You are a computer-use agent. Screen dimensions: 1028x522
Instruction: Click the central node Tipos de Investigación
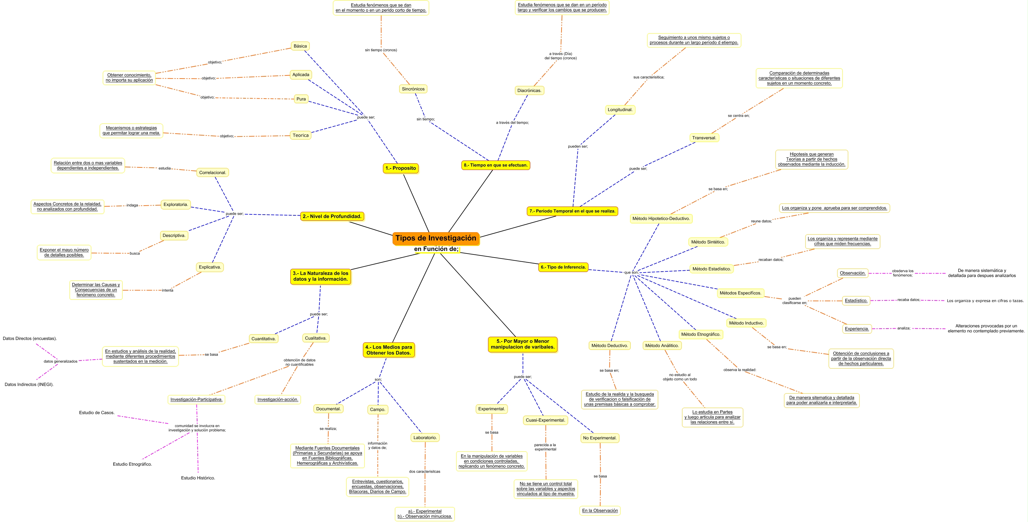pyautogui.click(x=436, y=238)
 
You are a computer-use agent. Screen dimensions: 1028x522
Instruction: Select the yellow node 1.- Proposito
pyautogui.click(x=401, y=168)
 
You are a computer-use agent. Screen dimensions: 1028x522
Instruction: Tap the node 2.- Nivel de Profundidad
pyautogui.click(x=332, y=216)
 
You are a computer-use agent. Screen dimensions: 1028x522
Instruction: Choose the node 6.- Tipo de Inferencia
pyautogui.click(x=563, y=267)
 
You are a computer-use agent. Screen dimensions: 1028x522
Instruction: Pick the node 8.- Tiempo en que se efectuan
pyautogui.click(x=496, y=165)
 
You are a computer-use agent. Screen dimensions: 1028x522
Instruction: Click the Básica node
pyautogui.click(x=300, y=46)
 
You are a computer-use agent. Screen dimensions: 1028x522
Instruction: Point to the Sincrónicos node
pyautogui.click(x=413, y=89)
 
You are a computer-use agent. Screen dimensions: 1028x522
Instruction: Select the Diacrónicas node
pyautogui.click(x=529, y=90)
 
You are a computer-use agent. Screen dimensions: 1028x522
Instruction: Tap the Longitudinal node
pyautogui.click(x=620, y=110)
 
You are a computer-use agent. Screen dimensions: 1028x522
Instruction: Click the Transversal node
pyautogui.click(x=704, y=138)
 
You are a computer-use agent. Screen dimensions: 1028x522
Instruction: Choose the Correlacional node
pyautogui.click(x=213, y=172)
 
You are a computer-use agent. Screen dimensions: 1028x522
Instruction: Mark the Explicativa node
pyautogui.click(x=210, y=267)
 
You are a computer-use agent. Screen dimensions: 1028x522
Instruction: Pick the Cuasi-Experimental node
pyautogui.click(x=545, y=420)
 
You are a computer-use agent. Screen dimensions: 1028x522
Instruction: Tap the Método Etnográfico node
pyautogui.click(x=701, y=335)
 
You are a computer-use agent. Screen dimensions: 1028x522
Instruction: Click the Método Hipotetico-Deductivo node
pyautogui.click(x=661, y=218)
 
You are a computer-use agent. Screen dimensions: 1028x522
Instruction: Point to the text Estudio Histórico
pyautogui.click(x=198, y=478)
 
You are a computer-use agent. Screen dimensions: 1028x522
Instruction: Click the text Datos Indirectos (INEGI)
pyautogui.click(x=29, y=384)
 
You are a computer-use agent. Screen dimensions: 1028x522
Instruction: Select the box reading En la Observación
pyautogui.click(x=600, y=510)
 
